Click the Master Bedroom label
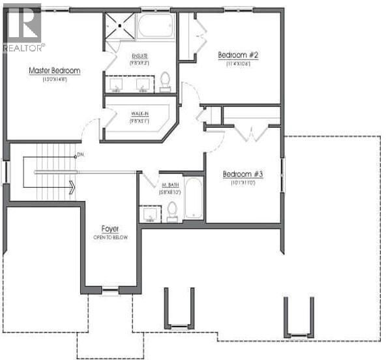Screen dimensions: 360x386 [x=53, y=70]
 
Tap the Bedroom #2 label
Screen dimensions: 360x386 [x=237, y=55]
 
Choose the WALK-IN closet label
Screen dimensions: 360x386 [x=140, y=113]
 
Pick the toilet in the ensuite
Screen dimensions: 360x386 [x=164, y=80]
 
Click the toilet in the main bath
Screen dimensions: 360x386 [x=172, y=209]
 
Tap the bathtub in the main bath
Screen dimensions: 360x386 [x=194, y=196]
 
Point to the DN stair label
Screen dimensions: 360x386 [x=81, y=155]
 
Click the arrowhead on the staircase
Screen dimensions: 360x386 [x=71, y=188]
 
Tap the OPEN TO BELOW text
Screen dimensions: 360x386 [x=110, y=237]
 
